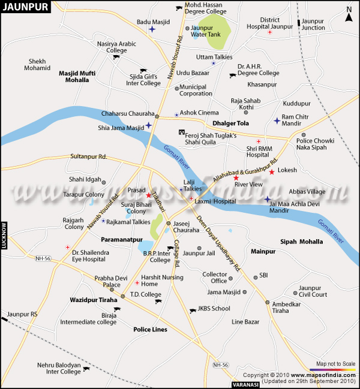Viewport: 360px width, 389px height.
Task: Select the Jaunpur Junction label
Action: tap(313, 25)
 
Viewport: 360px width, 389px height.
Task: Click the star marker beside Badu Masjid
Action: tap(152, 29)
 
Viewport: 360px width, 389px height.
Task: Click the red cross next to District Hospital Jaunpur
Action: tap(269, 32)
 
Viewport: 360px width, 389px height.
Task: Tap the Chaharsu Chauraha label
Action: tap(128, 113)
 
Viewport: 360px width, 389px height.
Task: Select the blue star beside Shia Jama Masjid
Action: tap(148, 125)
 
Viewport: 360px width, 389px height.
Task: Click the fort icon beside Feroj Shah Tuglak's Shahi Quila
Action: tap(181, 132)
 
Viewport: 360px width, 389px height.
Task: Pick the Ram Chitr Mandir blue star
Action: tap(277, 120)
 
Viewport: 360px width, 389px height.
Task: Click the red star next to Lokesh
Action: tap(271, 172)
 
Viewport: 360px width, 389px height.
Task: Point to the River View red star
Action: tap(236, 178)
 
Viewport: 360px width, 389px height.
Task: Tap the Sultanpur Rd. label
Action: tap(88, 156)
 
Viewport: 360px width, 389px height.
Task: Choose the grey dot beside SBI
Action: tap(255, 276)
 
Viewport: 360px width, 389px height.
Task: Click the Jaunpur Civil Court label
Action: tap(313, 291)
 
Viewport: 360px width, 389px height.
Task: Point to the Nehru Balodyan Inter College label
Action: tap(54, 368)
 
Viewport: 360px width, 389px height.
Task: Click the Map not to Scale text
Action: tap(335, 364)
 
